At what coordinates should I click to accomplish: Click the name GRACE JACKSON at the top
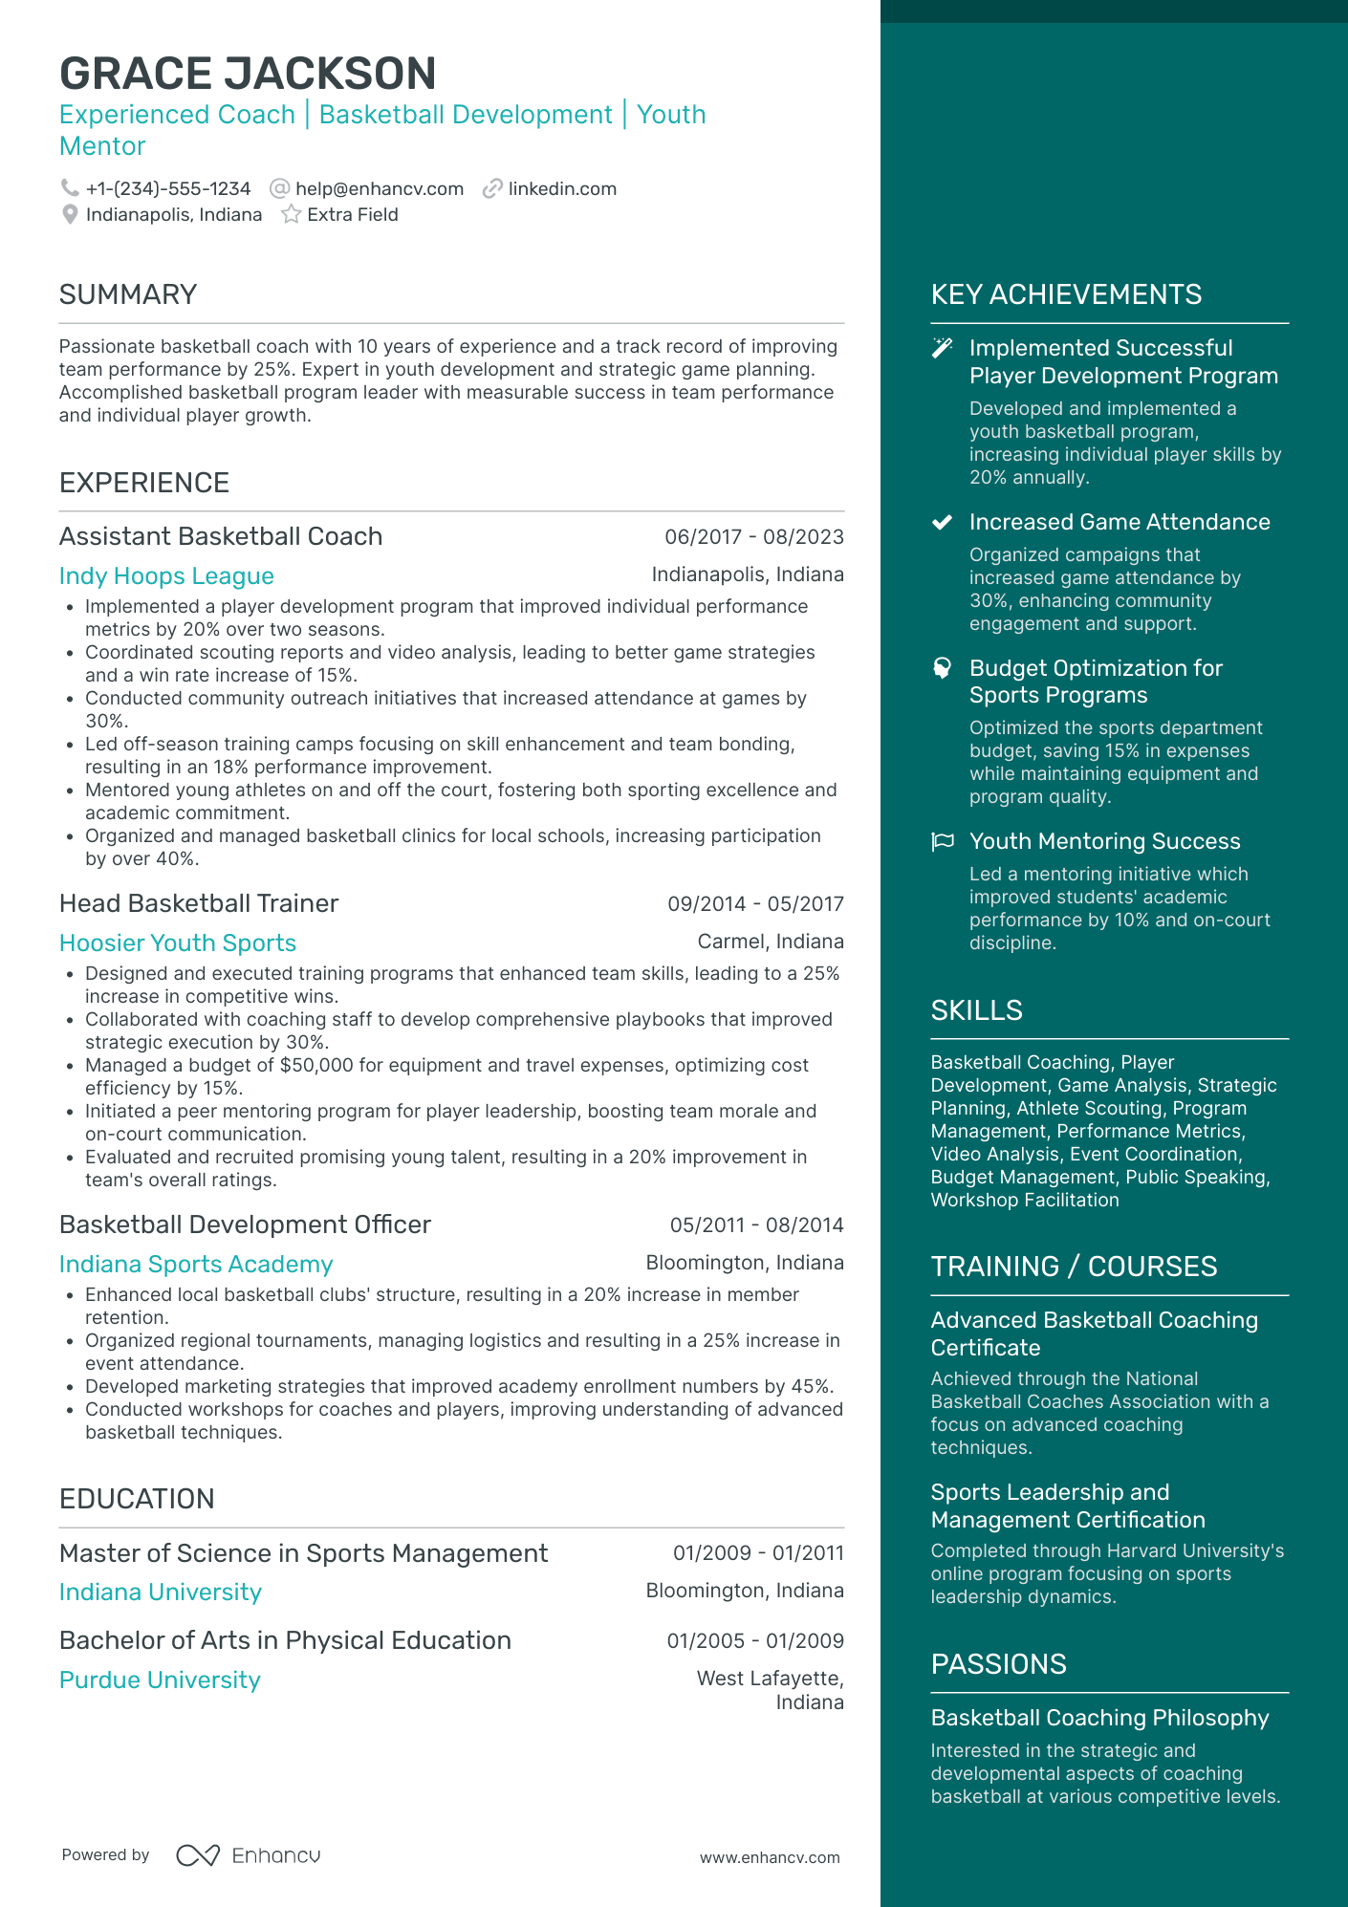pos(248,74)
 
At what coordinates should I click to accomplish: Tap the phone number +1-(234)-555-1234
pos(168,189)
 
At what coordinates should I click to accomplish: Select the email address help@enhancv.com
pos(380,189)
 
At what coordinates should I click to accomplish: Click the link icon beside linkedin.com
pos(492,189)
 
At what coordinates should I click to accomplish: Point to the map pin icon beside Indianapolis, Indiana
pos(70,215)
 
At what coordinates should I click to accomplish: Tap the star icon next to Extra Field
pos(291,215)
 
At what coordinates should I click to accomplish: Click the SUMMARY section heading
pos(128,294)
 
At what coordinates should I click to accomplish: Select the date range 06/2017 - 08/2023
pos(753,537)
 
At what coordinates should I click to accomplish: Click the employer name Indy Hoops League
pos(166,576)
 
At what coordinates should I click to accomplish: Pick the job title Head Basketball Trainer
pos(199,903)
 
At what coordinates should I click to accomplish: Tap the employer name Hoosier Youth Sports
pos(178,943)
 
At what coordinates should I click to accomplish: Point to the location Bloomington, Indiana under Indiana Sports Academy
pos(744,1263)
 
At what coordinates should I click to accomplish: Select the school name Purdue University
pos(160,1680)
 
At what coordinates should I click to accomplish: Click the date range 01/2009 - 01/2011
pos(758,1553)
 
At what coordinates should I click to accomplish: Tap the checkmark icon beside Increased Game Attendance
pos(943,522)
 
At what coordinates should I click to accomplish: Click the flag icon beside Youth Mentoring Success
pos(943,841)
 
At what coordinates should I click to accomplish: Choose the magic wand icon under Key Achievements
pos(943,348)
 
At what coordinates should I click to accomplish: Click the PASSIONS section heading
pos(998,1664)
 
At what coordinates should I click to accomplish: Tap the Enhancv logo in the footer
pos(249,1855)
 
